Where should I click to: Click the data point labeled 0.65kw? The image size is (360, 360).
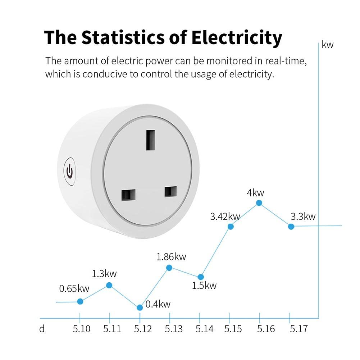(80, 301)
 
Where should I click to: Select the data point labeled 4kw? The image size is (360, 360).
(259, 203)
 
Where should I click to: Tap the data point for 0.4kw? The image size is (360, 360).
(140, 307)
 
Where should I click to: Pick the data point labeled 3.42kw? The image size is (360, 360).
(231, 226)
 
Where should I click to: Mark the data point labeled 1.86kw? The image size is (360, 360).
(169, 268)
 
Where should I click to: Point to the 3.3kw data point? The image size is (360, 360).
(291, 226)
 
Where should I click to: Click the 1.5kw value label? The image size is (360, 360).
(204, 286)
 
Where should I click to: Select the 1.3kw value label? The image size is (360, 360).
(104, 274)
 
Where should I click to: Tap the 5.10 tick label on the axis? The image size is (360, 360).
(82, 329)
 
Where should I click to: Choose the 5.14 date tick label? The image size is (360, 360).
(205, 329)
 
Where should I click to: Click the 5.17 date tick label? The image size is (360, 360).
(299, 329)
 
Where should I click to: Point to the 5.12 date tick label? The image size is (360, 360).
(143, 329)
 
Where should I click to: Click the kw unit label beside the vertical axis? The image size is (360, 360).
(328, 45)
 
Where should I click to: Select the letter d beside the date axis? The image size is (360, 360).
(42, 329)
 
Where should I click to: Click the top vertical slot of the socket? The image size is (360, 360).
(150, 140)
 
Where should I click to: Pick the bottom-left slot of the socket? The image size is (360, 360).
(128, 195)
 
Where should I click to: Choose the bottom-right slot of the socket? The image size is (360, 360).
(170, 191)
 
